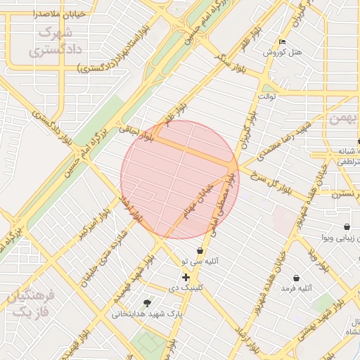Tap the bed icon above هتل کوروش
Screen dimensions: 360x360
pos(283,41)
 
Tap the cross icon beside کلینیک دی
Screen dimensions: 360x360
pos(186,278)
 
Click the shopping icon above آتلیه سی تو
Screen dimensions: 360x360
pos(200,250)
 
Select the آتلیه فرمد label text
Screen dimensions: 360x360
pos(296,288)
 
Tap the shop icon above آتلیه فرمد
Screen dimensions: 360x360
pos(296,278)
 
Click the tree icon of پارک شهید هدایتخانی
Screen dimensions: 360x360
pos(147,303)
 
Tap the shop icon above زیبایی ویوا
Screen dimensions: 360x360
pos(347,227)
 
